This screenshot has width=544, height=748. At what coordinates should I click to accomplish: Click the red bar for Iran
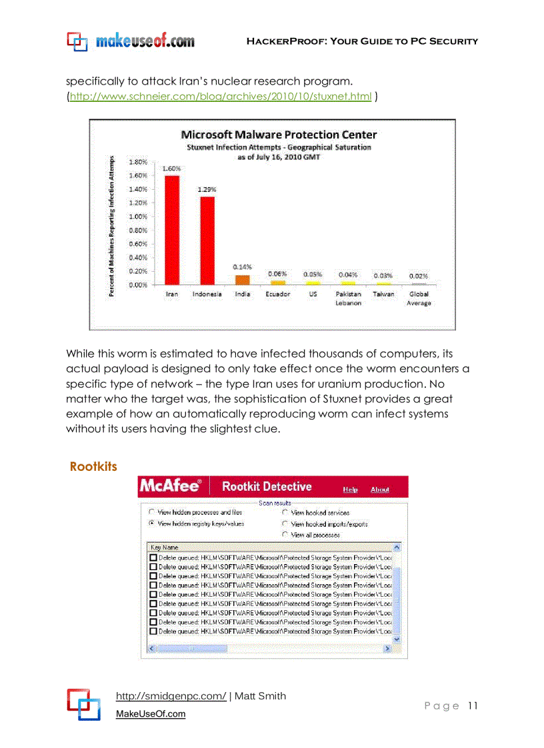point(172,230)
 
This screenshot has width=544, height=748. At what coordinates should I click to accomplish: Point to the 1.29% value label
point(207,189)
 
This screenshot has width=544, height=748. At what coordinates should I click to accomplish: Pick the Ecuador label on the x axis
point(277,294)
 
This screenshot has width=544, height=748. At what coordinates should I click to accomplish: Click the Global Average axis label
point(419,298)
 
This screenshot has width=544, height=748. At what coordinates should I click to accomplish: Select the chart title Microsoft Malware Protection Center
point(279,135)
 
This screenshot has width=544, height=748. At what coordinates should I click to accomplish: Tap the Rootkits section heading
point(93,467)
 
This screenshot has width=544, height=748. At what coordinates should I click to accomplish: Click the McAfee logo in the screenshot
point(170,486)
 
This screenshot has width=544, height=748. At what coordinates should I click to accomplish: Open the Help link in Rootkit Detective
point(350,490)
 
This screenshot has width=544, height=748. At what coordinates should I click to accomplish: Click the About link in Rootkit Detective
point(379,490)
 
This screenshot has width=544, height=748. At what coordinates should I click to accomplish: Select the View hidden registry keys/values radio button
point(151,524)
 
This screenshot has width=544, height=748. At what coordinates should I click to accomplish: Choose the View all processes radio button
point(285,534)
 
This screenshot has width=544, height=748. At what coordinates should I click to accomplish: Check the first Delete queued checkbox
point(153,558)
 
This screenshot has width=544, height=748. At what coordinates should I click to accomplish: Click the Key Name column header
point(165,547)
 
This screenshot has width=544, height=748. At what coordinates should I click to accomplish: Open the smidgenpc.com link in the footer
point(171,696)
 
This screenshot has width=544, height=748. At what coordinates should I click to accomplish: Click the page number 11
point(473,706)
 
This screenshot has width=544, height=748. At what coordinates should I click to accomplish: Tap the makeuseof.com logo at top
point(131,41)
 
